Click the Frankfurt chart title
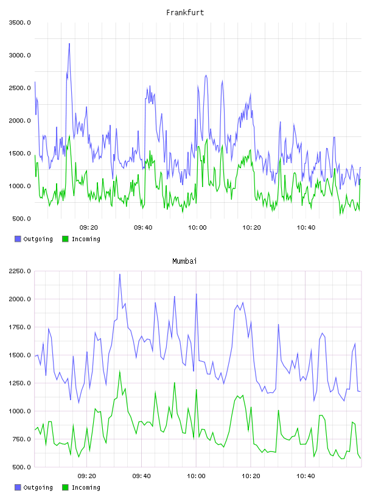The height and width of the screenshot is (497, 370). point(185,13)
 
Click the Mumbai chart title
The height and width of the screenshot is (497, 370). point(184,261)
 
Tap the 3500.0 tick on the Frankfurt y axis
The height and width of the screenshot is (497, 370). point(19,23)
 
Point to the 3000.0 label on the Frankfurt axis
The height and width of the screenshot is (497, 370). point(19,55)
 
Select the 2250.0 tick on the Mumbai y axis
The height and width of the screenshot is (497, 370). point(19,271)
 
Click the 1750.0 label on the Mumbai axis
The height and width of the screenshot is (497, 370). point(19,327)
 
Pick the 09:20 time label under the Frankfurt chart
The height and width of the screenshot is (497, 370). point(89,227)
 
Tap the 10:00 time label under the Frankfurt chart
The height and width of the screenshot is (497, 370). point(197,227)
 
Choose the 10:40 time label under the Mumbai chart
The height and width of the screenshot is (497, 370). point(305,476)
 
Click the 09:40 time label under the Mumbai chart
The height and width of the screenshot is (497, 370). point(142,476)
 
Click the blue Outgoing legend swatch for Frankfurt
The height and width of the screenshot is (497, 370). point(18,239)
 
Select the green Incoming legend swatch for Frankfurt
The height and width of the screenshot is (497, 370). point(65,239)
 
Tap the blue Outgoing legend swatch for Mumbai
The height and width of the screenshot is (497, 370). point(18,487)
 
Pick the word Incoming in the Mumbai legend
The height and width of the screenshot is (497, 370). point(86,487)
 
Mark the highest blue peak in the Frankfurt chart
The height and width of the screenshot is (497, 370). point(69,44)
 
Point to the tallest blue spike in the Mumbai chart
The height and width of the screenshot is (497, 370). point(120,275)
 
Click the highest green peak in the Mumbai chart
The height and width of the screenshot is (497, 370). point(120,371)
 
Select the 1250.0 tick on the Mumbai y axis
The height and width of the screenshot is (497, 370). point(19,383)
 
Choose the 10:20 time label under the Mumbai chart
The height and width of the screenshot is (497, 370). point(251,476)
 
